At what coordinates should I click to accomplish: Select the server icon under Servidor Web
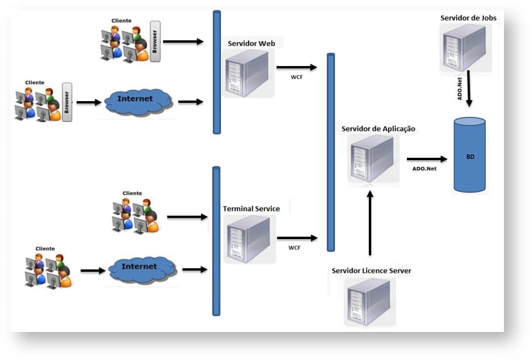pos(248,73)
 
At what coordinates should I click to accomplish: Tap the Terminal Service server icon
pos(248,238)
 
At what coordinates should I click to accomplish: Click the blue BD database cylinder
pos(470,155)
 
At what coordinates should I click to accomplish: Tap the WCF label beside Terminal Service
pos(295,248)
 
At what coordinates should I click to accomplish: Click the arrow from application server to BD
pos(427,158)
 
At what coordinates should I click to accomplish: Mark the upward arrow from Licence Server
pos(369,222)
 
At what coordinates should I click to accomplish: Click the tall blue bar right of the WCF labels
pos(330,152)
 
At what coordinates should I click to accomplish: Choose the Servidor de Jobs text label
pos(468,18)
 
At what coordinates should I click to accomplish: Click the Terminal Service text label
pos(251,209)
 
